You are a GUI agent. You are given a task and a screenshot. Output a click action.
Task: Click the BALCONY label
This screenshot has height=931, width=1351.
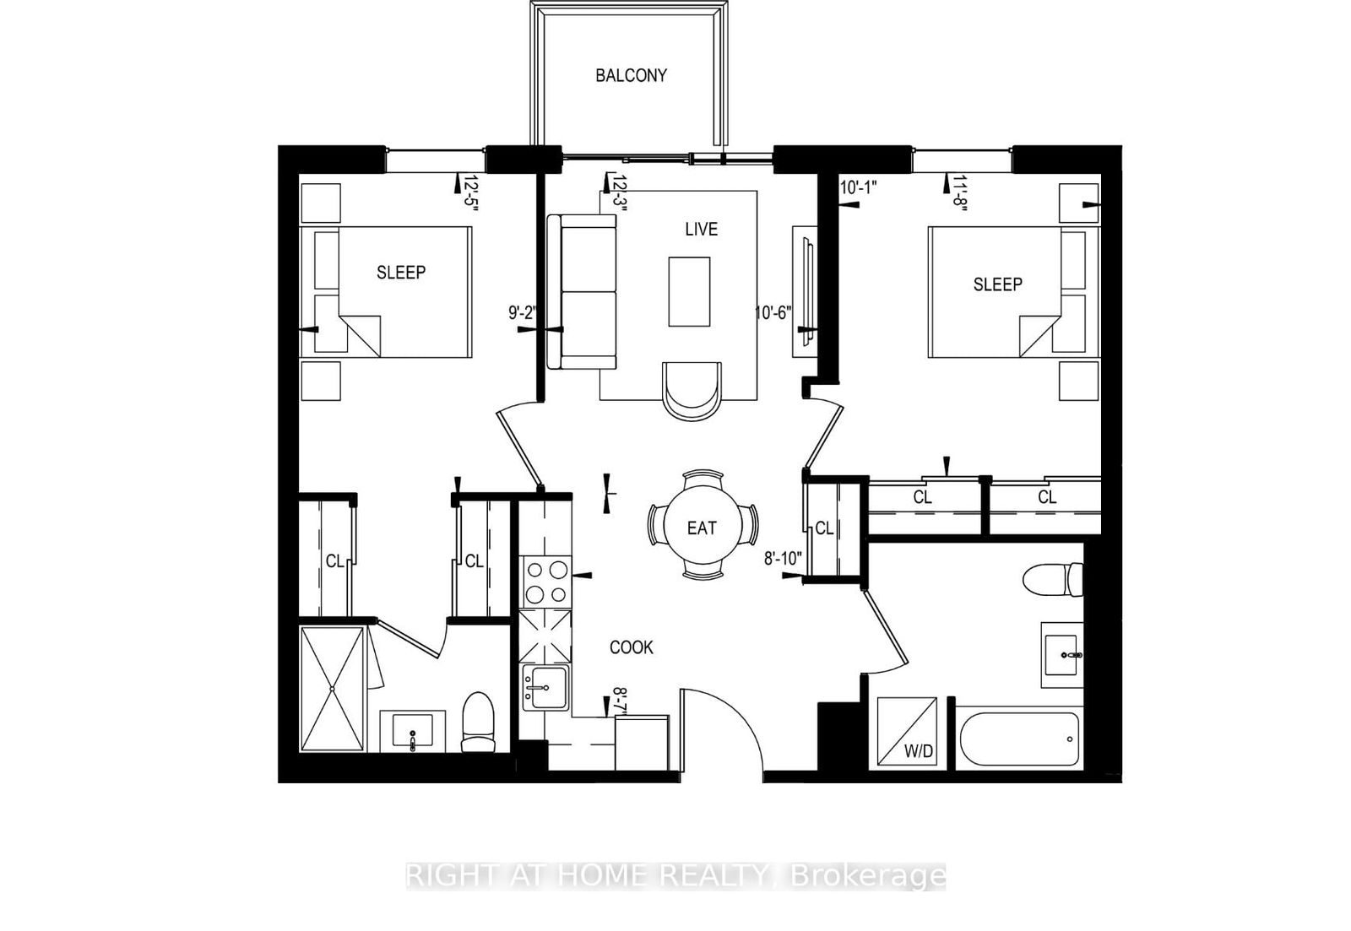631,75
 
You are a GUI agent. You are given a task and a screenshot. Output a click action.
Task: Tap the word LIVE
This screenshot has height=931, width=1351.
702,229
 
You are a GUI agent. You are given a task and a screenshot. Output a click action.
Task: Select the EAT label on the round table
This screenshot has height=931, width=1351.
702,528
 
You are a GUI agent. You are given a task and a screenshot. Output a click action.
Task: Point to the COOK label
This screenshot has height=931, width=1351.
632,647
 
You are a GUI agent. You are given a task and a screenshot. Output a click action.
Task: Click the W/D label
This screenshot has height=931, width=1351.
919,751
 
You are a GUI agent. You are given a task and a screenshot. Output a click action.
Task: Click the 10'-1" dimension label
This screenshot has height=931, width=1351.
858,187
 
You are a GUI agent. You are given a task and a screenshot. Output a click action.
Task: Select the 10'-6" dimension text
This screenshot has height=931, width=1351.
773,313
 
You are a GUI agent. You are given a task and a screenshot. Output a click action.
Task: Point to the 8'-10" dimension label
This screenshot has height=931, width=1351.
783,559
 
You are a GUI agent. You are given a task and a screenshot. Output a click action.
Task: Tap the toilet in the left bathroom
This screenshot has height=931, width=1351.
478,723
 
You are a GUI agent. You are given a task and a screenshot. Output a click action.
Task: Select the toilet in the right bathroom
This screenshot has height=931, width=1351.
1053,580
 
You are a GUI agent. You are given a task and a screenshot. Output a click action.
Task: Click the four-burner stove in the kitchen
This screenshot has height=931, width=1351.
545,582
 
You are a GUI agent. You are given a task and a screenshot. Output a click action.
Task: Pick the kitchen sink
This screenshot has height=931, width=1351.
545,688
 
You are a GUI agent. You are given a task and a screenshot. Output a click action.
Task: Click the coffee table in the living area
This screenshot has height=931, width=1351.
689,291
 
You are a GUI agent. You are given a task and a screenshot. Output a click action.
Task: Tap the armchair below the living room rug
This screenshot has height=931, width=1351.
692,390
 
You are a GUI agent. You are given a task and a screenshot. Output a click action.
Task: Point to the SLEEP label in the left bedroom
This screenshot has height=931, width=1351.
401,273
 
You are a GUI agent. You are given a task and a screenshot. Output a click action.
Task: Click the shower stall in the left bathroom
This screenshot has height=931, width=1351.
333,689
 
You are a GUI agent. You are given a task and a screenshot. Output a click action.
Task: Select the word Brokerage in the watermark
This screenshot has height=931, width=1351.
867,875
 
